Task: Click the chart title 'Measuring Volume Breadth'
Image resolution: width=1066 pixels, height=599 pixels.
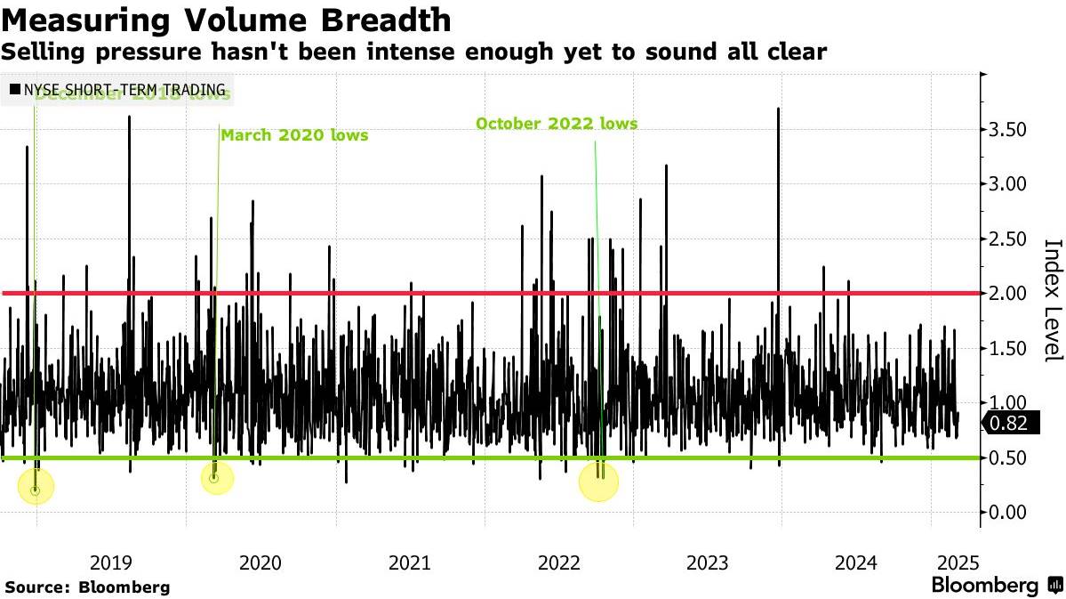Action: [x=226, y=20]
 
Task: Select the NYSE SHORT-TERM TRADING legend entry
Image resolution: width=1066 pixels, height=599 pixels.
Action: [x=116, y=90]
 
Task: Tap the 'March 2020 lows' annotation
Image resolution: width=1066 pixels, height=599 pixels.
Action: [x=293, y=135]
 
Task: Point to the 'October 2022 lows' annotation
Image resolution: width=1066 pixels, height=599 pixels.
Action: [x=557, y=124]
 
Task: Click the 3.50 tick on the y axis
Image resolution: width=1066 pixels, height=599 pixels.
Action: [x=1007, y=130]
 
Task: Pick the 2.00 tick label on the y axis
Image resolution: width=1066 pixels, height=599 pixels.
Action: [x=1007, y=293]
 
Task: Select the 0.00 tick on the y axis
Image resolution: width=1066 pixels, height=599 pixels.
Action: [x=1007, y=512]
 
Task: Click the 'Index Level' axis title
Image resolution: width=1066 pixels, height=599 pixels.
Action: [x=1052, y=299]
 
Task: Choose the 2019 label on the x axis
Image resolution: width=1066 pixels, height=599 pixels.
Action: [x=112, y=563]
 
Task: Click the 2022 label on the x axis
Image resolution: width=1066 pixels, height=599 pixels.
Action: [x=560, y=563]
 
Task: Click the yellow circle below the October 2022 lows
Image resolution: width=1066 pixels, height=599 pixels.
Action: [x=599, y=482]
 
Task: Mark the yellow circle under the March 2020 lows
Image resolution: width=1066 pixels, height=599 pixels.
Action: [x=214, y=479]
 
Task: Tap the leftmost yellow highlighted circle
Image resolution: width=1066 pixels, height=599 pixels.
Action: [x=36, y=487]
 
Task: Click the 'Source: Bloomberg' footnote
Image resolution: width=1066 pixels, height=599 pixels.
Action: [x=87, y=587]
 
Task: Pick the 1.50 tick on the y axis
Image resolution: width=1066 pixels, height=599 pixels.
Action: [x=1007, y=348]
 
